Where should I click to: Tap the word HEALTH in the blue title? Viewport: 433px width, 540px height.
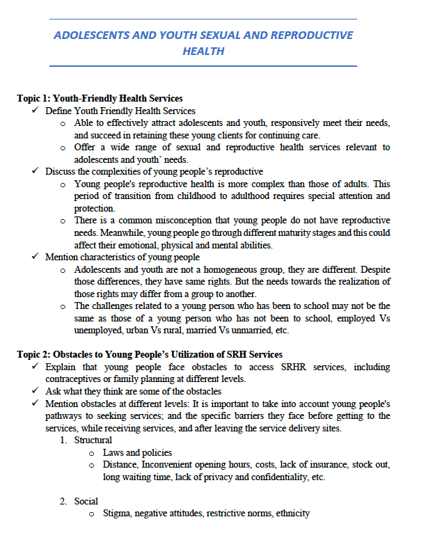click(x=204, y=51)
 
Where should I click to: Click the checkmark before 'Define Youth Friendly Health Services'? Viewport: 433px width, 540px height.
click(x=35, y=111)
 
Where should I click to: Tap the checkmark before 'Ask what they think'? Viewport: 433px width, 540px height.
click(x=35, y=391)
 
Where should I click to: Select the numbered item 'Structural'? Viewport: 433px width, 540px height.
click(x=93, y=440)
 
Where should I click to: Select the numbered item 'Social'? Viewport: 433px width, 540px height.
click(x=86, y=501)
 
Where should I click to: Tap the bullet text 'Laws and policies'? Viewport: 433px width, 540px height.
click(x=137, y=452)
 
